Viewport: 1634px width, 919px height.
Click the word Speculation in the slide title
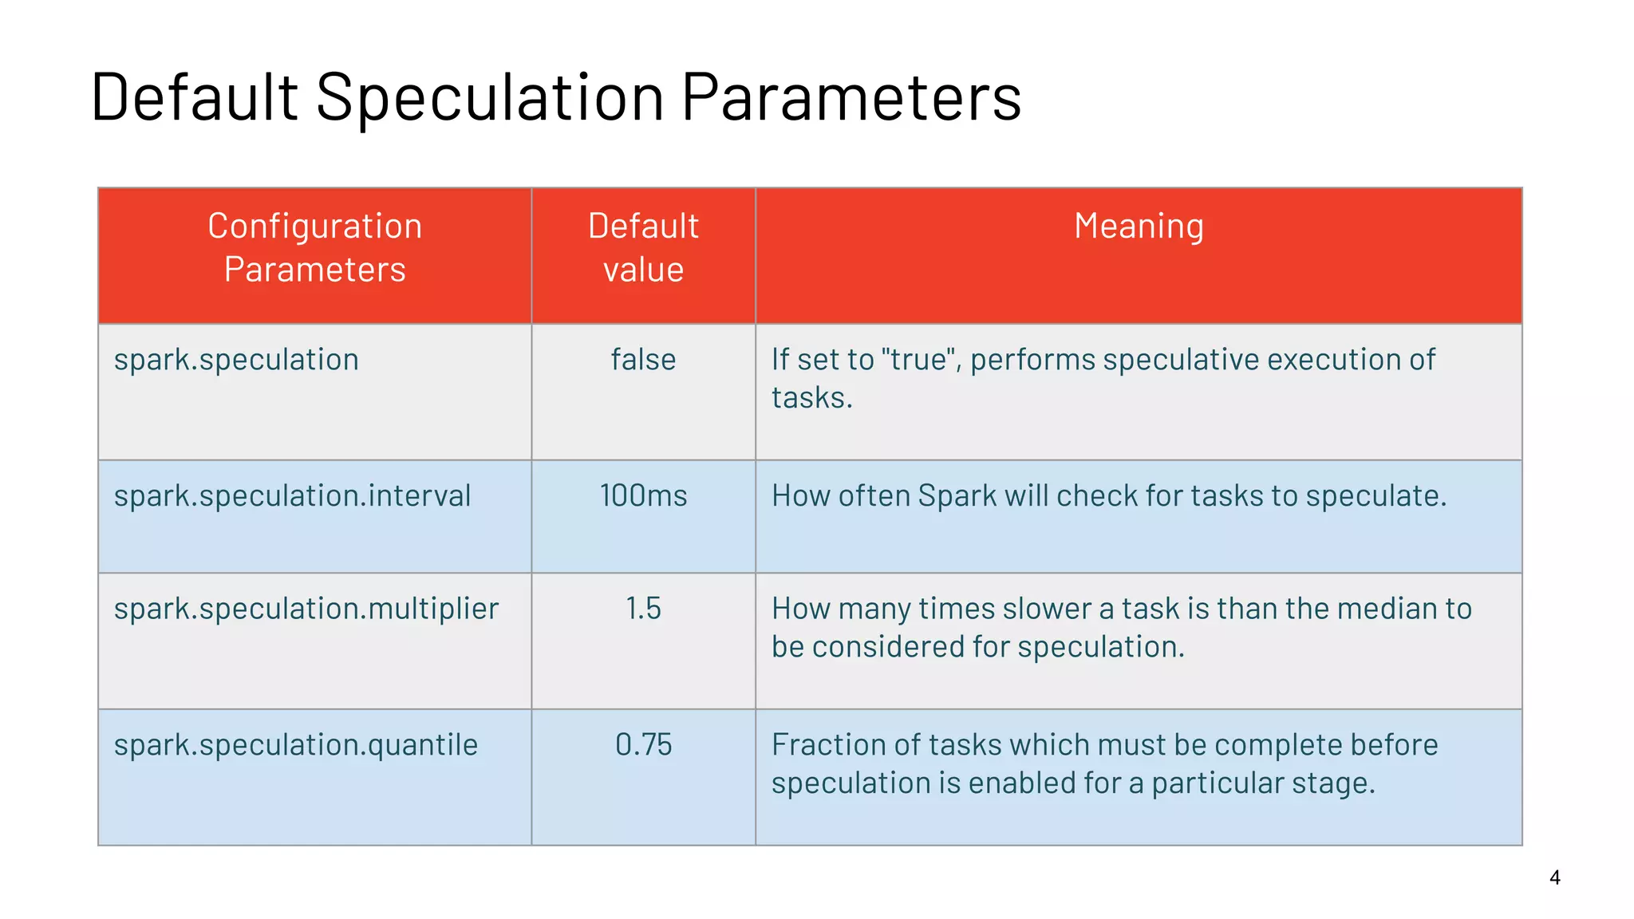tap(490, 97)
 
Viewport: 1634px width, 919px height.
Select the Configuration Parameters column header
tap(314, 248)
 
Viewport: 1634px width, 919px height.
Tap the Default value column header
tap(643, 248)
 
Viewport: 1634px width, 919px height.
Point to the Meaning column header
tap(1139, 227)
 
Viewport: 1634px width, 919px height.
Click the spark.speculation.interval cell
tap(292, 496)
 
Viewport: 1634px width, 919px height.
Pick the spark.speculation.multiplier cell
tap(306, 609)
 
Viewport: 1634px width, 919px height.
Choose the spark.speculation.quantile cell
tap(295, 745)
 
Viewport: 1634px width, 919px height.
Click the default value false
tap(643, 360)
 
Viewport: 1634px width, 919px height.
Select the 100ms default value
tap(643, 496)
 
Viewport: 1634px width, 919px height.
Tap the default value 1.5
tap(643, 609)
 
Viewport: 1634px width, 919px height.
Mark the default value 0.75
tap(643, 745)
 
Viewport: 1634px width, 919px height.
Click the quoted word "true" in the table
tap(920, 360)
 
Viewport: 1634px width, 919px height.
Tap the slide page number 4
tap(1554, 878)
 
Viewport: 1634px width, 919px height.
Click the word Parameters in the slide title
tap(851, 97)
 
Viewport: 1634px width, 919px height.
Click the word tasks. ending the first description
tap(811, 398)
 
